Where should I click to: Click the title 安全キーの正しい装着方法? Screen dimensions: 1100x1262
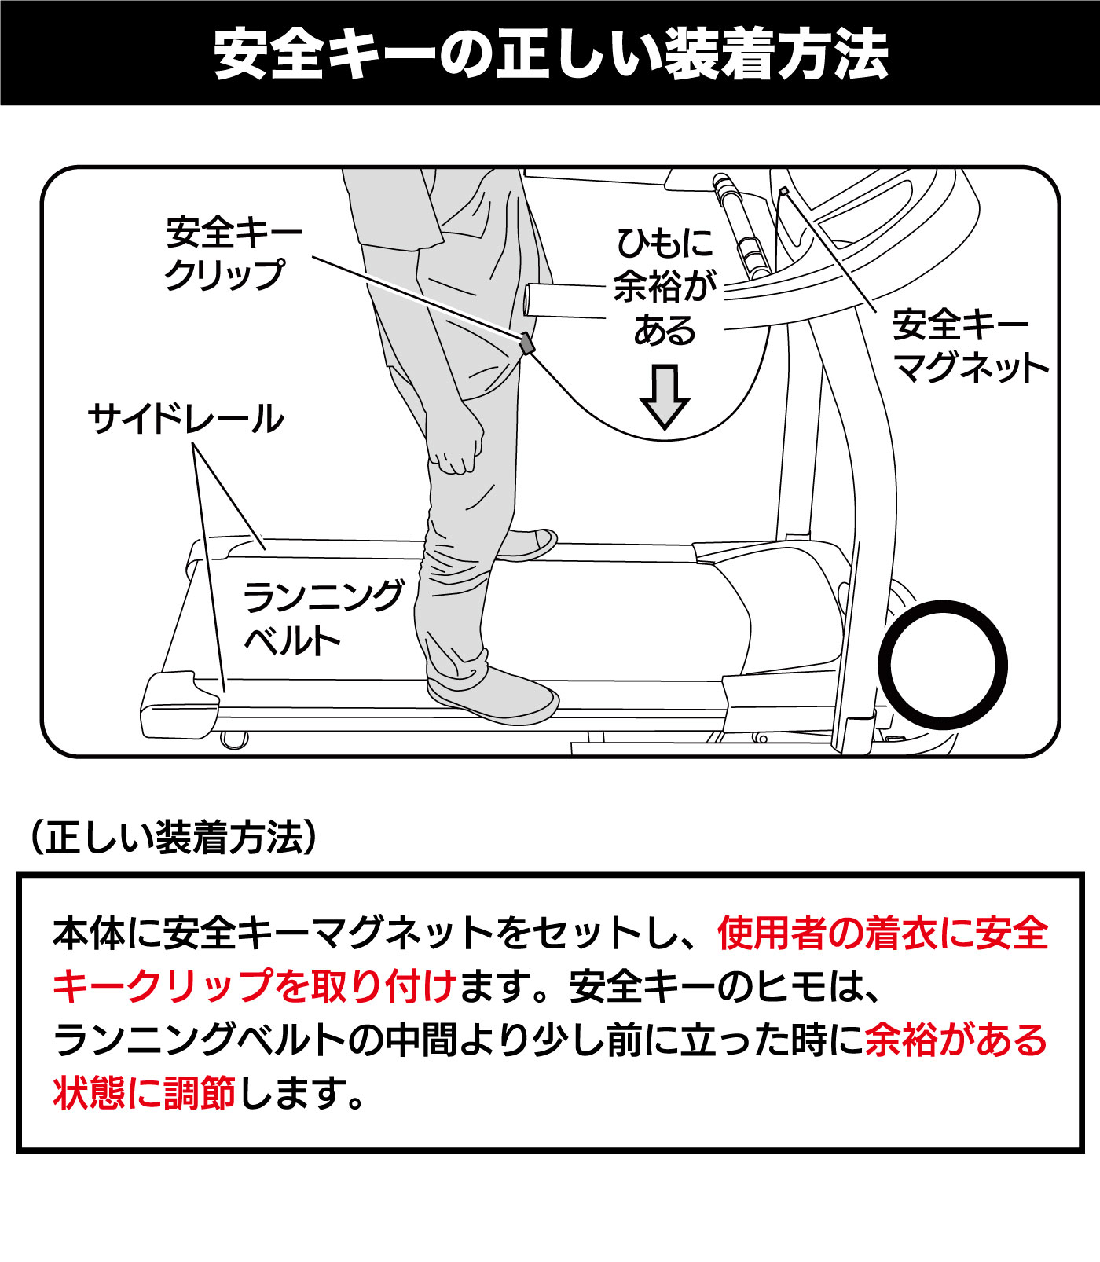point(550,53)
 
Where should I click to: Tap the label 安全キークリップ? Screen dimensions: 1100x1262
point(233,253)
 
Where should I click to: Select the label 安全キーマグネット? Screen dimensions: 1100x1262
point(970,346)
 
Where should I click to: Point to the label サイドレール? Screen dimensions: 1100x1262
point(185,418)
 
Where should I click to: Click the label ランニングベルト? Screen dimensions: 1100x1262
point(323,618)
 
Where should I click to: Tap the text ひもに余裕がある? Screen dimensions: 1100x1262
point(665,287)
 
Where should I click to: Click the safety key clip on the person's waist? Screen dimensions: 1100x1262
point(526,343)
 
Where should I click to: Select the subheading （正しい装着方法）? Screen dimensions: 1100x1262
point(173,838)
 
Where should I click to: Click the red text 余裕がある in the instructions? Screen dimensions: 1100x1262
point(956,1040)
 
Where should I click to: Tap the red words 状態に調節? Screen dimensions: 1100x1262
point(145,1092)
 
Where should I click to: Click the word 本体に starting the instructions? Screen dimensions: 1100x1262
point(107,933)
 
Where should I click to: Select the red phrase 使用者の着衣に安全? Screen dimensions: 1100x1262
point(883,933)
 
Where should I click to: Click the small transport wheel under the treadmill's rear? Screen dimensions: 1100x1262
point(234,739)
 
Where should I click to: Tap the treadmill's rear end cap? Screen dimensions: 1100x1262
point(179,704)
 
